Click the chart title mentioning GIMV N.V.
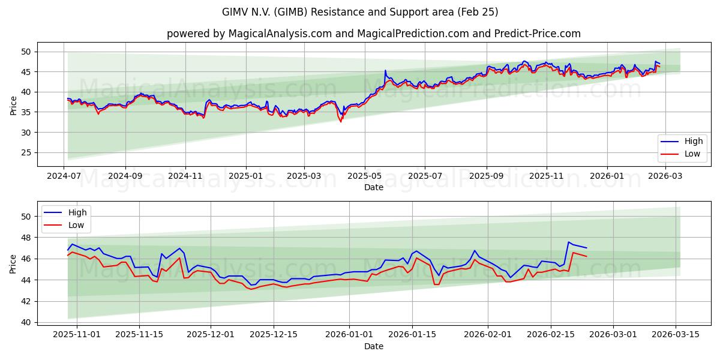[x=360, y=12]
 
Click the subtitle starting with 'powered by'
[x=373, y=34]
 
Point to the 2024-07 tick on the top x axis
[x=64, y=176]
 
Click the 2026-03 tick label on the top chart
[x=664, y=176]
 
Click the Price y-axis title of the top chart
[x=13, y=105]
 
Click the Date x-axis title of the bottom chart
[x=373, y=346]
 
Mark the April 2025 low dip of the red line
[x=341, y=122]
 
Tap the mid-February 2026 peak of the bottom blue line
[x=568, y=242]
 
